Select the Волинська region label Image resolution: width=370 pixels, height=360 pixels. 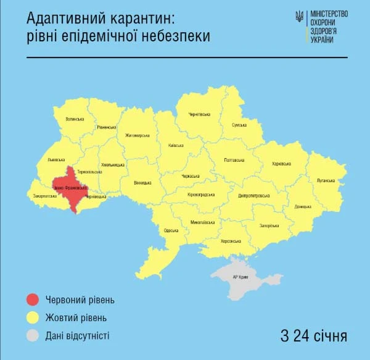point(75,118)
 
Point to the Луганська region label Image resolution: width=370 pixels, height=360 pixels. point(325,181)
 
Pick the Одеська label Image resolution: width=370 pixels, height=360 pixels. point(171,230)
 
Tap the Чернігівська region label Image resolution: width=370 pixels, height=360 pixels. point(200,114)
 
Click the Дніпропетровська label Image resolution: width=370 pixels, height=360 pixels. point(253,195)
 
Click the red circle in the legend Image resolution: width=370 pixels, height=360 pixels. point(33,300)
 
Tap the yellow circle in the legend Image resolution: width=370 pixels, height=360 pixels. point(33,318)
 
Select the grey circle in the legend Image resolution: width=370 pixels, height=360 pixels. point(33,336)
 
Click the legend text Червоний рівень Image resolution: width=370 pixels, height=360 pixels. point(80,300)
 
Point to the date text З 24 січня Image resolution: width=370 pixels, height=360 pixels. point(313,337)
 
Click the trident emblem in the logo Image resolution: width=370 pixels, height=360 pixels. point(299,17)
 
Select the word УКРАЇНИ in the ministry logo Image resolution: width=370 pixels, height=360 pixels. point(323,40)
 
